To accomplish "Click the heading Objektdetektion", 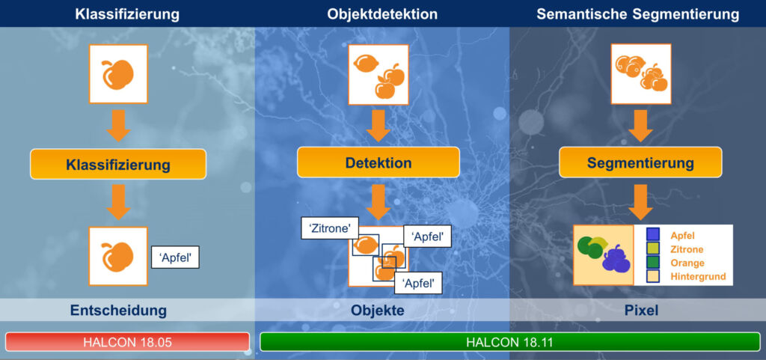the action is [x=382, y=14].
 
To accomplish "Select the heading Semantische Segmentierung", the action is [x=637, y=14].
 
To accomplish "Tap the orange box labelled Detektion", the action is [x=378, y=162].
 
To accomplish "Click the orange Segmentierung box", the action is [x=640, y=162].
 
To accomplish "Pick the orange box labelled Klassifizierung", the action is [x=118, y=164].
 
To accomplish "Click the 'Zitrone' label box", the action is [x=330, y=228].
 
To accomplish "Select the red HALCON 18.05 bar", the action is [x=127, y=342].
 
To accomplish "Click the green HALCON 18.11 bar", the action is [x=509, y=342].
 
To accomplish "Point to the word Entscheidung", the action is [x=118, y=310].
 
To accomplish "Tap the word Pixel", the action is [x=641, y=310].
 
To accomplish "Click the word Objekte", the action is [x=378, y=310].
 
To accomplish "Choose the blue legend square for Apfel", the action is [x=652, y=235].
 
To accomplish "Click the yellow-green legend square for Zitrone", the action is [x=652, y=248].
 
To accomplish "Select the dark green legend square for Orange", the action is [x=652, y=262].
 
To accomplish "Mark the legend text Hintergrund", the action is [x=698, y=277].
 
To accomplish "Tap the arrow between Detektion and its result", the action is [x=378, y=202].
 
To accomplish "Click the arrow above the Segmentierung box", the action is [x=640, y=126].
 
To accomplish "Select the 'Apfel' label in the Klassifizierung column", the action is [x=175, y=257].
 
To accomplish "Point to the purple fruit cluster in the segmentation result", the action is [x=616, y=259].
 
